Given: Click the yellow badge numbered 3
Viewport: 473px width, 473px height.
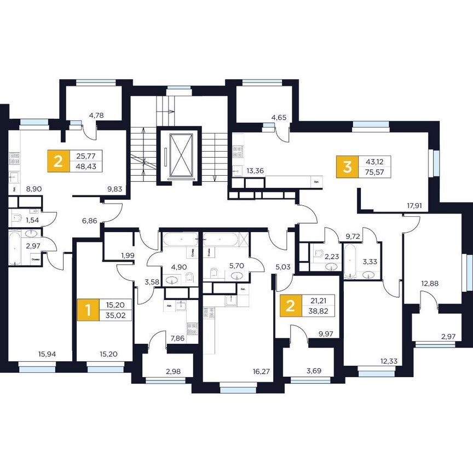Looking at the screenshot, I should point(347,167).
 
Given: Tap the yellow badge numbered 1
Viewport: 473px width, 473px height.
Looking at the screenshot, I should point(85,309).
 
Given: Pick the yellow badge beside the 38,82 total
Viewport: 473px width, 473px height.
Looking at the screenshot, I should point(290,305).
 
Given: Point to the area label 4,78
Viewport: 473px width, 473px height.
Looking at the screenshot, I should point(96,116).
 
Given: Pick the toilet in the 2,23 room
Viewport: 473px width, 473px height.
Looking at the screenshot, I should point(319,253).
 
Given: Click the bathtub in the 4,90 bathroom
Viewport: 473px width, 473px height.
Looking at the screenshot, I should point(180,239).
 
